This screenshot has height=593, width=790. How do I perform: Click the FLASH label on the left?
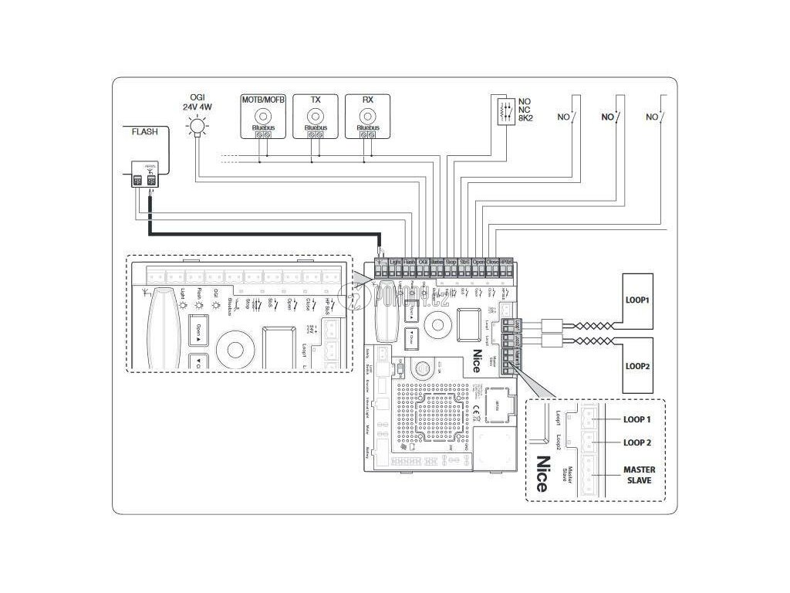pyautogui.click(x=144, y=132)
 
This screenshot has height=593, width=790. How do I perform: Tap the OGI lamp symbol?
pyautogui.click(x=198, y=125)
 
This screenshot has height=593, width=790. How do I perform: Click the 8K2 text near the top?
pyautogui.click(x=525, y=121)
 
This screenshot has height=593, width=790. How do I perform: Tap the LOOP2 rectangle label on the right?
pyautogui.click(x=638, y=366)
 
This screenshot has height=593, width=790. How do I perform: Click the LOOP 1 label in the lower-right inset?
pyautogui.click(x=637, y=420)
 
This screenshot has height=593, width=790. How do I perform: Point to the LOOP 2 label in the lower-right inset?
pyautogui.click(x=637, y=442)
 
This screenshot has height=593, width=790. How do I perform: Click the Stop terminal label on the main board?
pyautogui.click(x=451, y=263)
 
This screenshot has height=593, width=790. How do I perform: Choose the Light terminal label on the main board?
pyautogui.click(x=395, y=263)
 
